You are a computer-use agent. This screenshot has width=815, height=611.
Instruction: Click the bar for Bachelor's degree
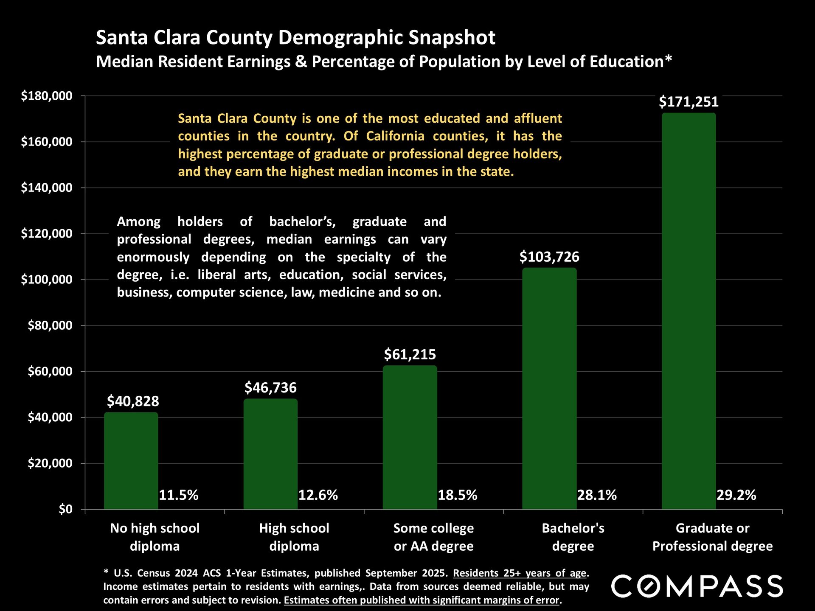point(549,388)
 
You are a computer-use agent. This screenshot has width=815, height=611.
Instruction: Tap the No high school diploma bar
point(131,461)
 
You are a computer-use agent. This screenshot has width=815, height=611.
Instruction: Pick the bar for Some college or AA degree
point(410,437)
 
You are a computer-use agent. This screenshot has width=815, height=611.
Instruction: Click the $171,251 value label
point(689,102)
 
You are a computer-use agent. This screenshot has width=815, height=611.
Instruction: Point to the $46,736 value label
point(270,387)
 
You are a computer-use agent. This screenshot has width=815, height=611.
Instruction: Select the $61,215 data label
point(410,354)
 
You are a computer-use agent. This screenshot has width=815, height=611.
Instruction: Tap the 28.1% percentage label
point(596,495)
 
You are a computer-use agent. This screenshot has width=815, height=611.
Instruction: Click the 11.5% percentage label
point(178,495)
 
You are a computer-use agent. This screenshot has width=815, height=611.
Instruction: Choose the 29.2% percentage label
point(736,495)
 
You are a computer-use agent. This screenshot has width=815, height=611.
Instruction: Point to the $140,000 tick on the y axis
point(47,188)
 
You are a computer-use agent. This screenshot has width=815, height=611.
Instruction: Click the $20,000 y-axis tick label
point(50,463)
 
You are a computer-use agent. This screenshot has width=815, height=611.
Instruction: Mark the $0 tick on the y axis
point(65,509)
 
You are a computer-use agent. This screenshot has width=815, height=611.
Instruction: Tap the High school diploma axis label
point(294,537)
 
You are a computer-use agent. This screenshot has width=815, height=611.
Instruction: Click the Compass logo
point(697,586)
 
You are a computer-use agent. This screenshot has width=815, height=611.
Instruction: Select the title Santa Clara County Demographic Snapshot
point(295,37)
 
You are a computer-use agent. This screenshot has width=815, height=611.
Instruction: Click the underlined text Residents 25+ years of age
point(520,573)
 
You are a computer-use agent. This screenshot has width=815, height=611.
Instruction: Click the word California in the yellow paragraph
point(395,136)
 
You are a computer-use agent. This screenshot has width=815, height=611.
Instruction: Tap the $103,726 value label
point(549,257)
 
